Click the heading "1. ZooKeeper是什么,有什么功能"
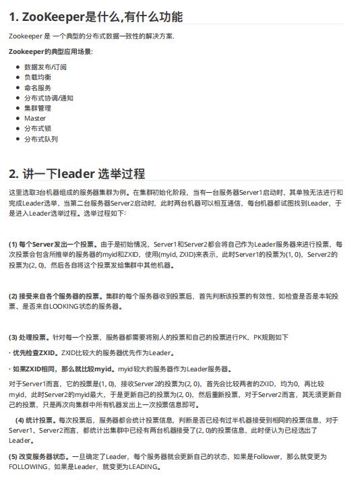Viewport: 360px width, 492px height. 96,17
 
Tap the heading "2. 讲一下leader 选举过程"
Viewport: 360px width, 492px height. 77,174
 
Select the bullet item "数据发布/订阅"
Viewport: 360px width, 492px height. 45,67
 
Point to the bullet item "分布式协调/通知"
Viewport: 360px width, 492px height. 49,98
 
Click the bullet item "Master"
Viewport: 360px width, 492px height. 35,118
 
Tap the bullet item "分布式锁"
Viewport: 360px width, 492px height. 37,128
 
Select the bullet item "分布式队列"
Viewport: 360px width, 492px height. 40,139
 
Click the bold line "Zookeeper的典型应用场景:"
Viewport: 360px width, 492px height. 51,51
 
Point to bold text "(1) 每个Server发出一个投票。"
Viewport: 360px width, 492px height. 54,244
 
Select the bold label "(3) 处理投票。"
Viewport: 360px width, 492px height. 29,337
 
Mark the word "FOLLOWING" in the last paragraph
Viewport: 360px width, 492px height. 28,467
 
